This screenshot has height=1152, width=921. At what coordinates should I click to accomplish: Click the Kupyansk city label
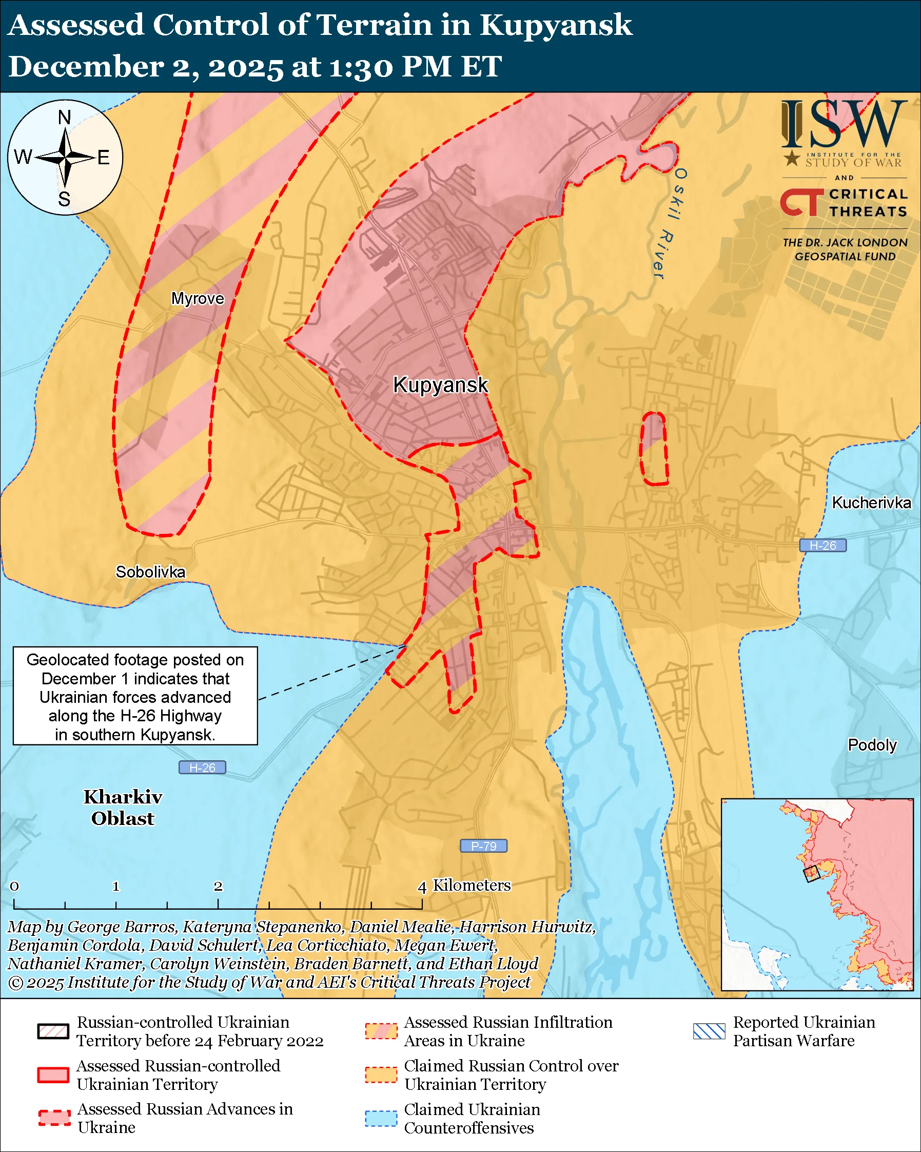click(440, 385)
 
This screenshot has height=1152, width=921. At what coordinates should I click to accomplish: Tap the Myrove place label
click(198, 298)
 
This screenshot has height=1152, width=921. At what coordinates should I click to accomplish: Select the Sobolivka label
click(150, 572)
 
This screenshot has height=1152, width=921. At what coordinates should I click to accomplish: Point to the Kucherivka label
click(871, 503)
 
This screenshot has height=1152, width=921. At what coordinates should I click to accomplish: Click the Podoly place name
click(872, 745)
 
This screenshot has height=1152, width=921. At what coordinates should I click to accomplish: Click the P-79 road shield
click(483, 846)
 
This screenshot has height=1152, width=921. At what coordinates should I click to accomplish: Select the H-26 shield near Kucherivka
click(822, 546)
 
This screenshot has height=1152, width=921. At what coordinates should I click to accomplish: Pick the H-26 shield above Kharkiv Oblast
click(202, 768)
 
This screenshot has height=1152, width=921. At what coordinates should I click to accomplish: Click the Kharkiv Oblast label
click(123, 808)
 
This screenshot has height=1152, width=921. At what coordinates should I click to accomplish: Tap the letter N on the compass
click(65, 117)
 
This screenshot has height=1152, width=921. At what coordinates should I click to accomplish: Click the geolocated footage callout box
click(135, 696)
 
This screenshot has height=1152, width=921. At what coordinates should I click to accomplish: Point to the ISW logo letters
click(844, 125)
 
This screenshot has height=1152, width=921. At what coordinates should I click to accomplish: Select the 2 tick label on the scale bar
click(218, 887)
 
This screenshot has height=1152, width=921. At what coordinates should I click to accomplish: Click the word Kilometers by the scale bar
click(472, 886)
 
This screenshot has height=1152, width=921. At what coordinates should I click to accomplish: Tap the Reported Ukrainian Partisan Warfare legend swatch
click(709, 1031)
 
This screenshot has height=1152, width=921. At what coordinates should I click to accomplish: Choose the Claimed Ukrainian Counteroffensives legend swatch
click(381, 1118)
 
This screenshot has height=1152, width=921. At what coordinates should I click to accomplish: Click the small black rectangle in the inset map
click(812, 874)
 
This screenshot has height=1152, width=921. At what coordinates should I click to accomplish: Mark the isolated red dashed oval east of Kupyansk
click(654, 449)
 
